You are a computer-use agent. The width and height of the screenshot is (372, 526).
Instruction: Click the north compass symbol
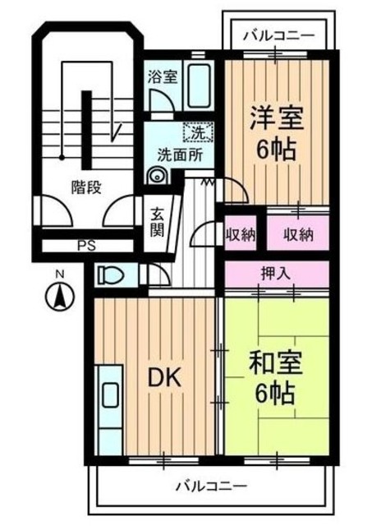click(x=61, y=294)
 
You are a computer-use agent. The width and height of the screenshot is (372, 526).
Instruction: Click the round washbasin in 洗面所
click(x=157, y=174)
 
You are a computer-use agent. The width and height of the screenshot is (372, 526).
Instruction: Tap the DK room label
click(x=164, y=378)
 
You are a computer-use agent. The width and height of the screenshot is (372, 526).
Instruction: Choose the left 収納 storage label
click(x=241, y=234)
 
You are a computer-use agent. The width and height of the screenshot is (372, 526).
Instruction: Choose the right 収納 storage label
click(x=299, y=234)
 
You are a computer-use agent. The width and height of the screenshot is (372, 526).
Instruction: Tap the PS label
click(x=85, y=245)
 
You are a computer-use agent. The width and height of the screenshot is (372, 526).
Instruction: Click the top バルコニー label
click(x=279, y=37)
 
